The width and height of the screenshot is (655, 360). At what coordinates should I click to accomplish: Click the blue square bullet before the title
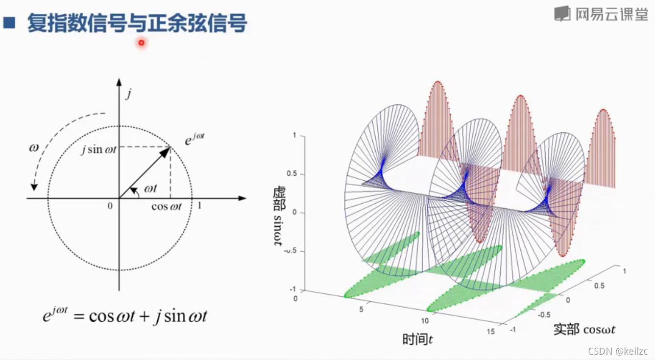tap(9, 23)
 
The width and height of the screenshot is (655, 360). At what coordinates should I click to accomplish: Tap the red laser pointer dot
tap(142, 43)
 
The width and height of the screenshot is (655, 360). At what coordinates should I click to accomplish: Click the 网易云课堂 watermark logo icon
tap(562, 13)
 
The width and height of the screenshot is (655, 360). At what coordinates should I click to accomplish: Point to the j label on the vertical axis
tap(128, 94)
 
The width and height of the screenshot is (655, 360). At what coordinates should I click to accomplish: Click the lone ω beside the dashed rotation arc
tap(34, 148)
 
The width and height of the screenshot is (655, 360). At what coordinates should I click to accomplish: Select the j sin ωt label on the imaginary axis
tap(99, 149)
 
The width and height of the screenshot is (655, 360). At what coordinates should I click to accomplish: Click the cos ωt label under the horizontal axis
tap(167, 207)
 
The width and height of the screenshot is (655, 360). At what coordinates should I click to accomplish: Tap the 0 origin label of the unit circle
tap(110, 206)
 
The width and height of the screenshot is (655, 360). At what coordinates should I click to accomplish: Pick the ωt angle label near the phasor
tap(150, 189)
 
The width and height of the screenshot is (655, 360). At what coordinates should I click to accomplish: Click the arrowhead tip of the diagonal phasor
tap(170, 147)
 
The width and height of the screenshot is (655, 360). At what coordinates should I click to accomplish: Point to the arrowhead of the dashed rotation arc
tap(34, 188)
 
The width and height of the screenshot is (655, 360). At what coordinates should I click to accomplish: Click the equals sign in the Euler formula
tap(79, 316)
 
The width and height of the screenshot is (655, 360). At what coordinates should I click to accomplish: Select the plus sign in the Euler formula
tap(145, 316)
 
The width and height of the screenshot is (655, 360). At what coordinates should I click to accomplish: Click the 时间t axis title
tap(417, 339)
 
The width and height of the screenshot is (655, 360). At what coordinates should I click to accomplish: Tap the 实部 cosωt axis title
tap(584, 329)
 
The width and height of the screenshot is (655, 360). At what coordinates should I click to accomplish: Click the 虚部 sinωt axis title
tap(279, 216)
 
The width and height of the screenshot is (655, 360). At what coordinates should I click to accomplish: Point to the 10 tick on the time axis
tap(425, 321)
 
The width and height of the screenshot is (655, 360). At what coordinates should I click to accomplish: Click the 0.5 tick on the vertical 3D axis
tap(292, 174)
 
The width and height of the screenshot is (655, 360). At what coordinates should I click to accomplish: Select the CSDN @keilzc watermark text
tap(618, 351)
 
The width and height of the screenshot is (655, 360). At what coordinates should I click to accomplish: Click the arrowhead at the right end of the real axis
tap(243, 198)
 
